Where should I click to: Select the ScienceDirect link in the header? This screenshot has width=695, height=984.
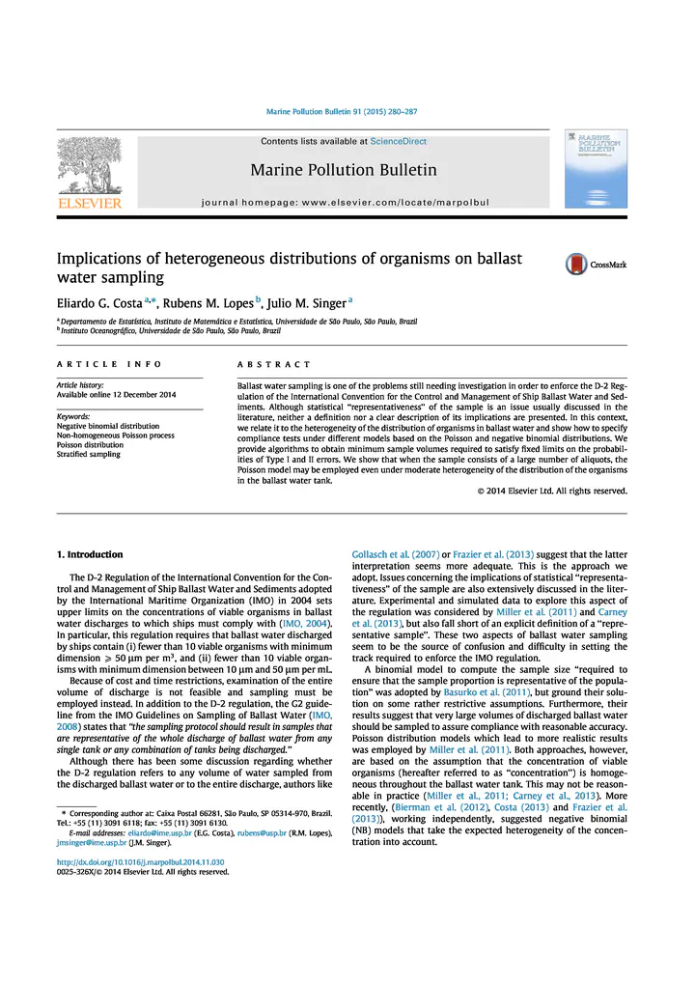click(399, 141)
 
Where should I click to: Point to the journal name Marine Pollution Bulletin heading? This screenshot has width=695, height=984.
click(343, 171)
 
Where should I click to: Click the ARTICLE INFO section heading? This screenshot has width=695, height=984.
click(108, 364)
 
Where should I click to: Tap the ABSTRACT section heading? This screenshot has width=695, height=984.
click(274, 364)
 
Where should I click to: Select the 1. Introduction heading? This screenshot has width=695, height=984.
click(90, 554)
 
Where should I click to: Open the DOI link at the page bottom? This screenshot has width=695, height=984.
click(140, 861)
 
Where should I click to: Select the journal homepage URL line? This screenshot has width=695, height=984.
click(345, 204)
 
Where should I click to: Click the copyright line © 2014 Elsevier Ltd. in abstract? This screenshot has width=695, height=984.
click(552, 490)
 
